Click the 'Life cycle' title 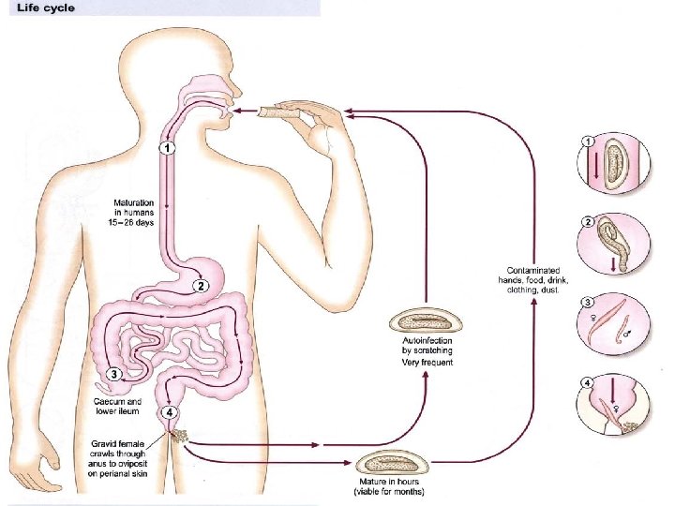tap(43, 7)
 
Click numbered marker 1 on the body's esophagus tap(166, 147)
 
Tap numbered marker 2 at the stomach tap(200, 285)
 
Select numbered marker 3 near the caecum tap(114, 374)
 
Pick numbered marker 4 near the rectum tap(169, 411)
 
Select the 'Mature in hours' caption tap(389, 484)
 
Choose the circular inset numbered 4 tap(613, 405)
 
